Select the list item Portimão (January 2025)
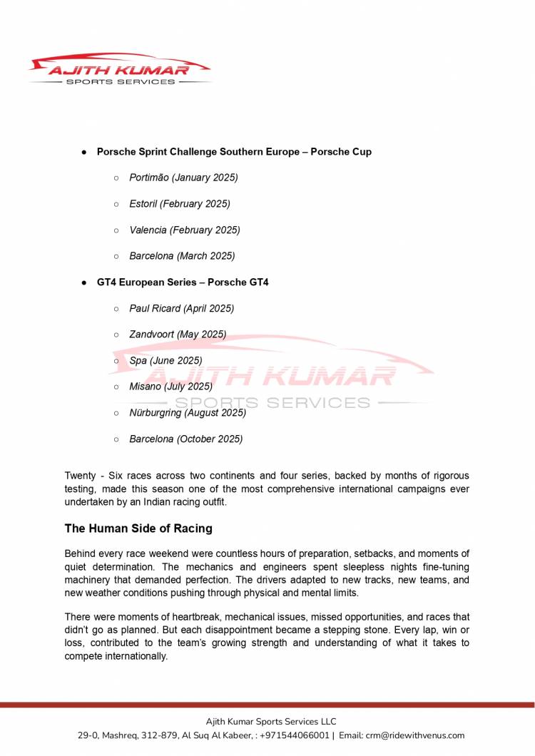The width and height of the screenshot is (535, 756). (x=183, y=178)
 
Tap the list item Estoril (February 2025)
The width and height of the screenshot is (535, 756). (x=179, y=204)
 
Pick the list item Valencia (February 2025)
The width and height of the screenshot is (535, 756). (x=184, y=230)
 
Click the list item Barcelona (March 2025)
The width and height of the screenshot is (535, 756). (x=181, y=256)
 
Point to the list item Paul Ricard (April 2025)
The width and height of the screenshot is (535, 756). (x=181, y=309)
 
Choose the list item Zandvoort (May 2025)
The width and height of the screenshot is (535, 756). (x=177, y=334)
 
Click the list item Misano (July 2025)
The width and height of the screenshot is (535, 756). (x=170, y=387)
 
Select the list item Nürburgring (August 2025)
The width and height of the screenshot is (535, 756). (x=187, y=413)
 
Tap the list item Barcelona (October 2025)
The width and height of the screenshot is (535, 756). (x=185, y=439)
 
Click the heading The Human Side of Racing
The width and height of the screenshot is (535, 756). (x=138, y=528)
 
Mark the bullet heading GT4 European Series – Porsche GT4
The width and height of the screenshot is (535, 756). (x=183, y=282)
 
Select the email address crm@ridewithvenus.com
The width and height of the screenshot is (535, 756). (x=414, y=735)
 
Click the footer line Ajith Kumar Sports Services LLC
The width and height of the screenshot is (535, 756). (x=271, y=722)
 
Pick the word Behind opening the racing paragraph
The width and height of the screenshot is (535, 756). (x=81, y=554)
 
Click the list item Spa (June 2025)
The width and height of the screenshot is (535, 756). (x=165, y=361)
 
